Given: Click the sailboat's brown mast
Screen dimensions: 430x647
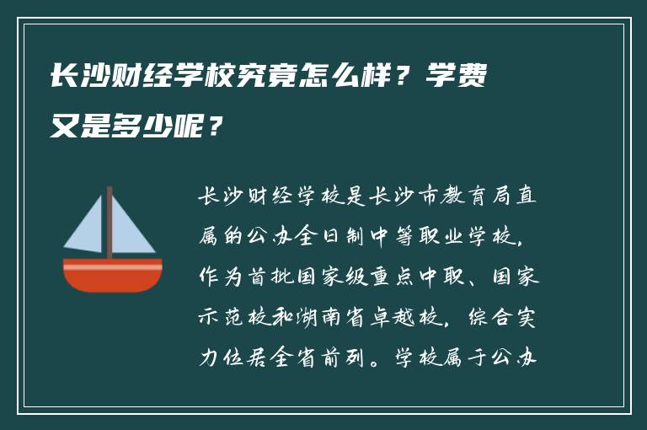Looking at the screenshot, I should coord(110,223).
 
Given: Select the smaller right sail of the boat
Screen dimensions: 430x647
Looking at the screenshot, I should coord(131,232).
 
